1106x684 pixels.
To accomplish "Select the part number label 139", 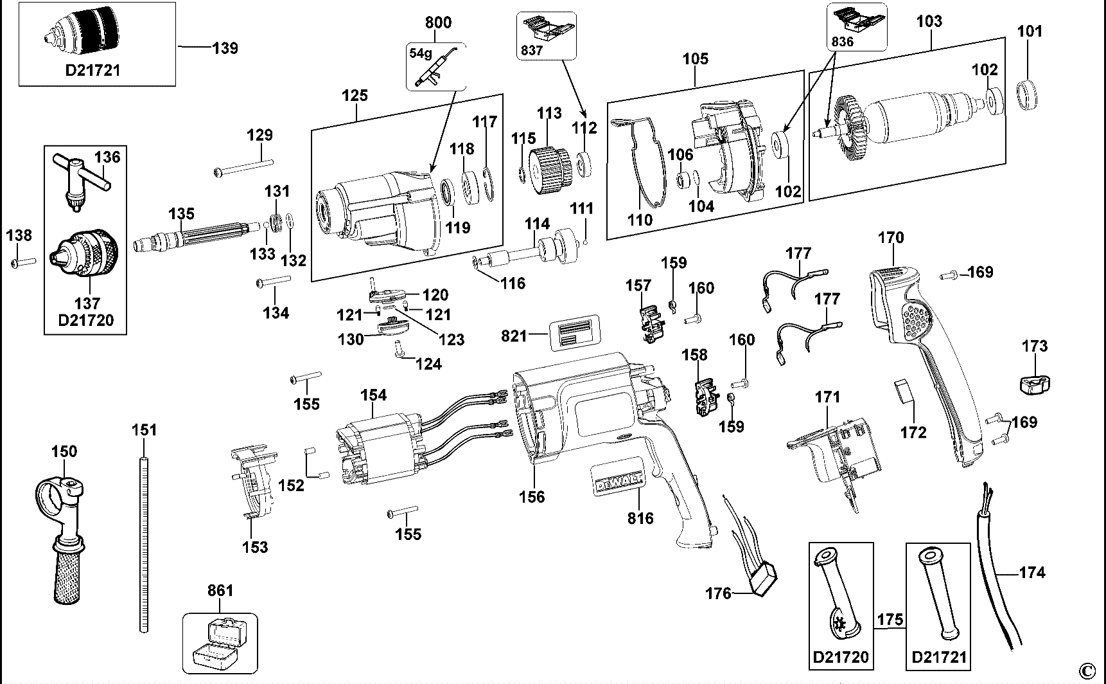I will (x=225, y=48).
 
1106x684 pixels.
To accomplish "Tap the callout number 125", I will (x=355, y=95).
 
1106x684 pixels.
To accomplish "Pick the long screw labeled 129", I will (x=243, y=169).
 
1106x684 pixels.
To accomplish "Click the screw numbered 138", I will (x=23, y=262).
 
